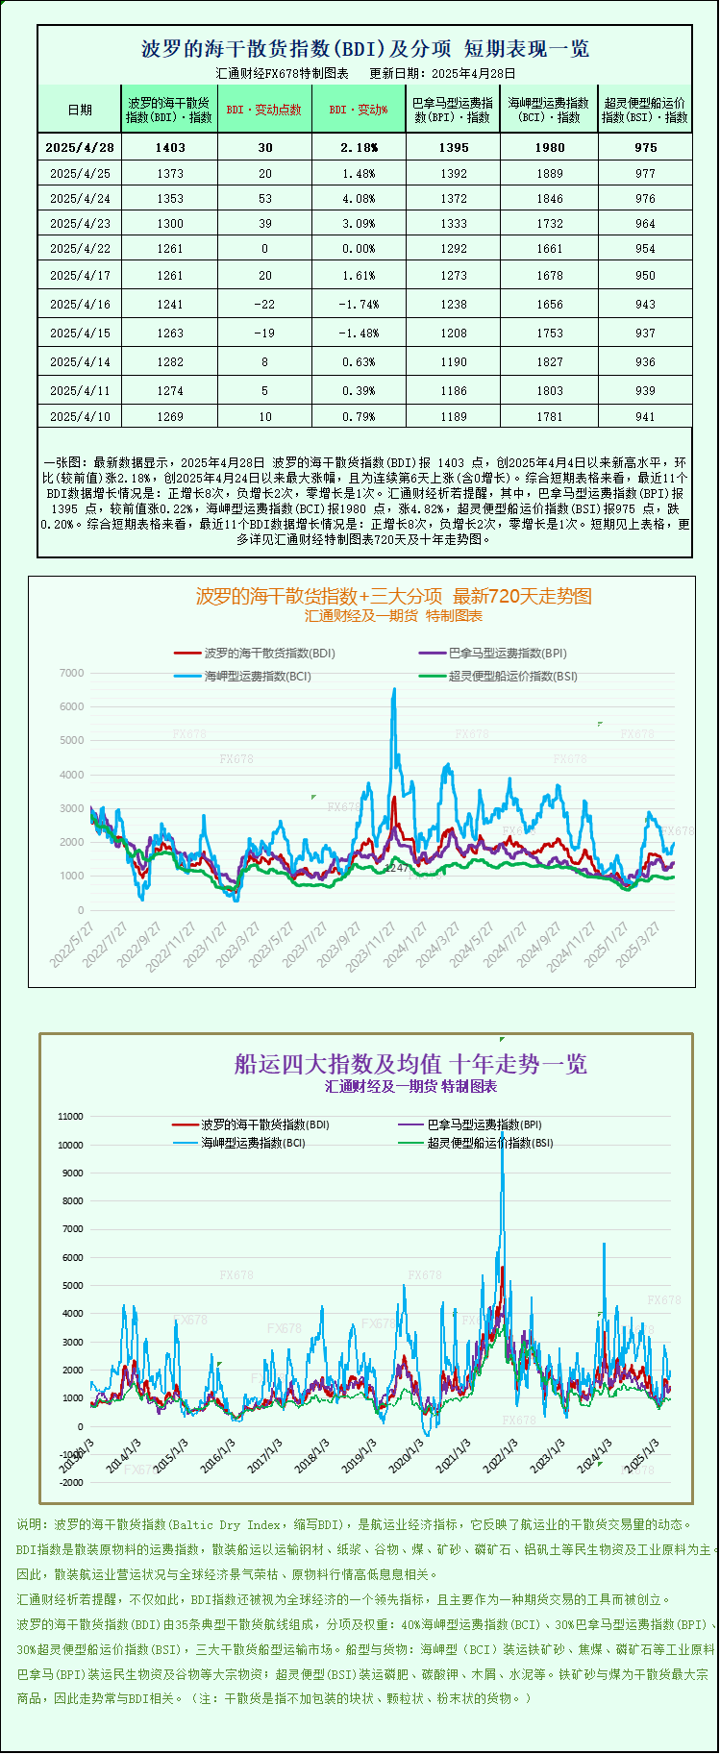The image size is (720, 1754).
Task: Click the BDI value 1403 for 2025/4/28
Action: tap(169, 147)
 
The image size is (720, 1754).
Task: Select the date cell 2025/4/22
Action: tap(80, 249)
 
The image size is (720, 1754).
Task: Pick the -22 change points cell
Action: tap(264, 305)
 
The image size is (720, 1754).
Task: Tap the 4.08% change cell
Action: tap(359, 199)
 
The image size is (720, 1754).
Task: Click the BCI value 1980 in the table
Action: tap(549, 147)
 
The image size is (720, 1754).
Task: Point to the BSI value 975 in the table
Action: tap(645, 147)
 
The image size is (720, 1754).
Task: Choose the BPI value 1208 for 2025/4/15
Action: tap(453, 334)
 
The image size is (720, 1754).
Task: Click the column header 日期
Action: tap(80, 110)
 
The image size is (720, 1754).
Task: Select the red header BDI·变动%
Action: tap(359, 110)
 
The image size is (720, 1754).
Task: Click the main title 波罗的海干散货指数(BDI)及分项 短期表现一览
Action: tap(365, 49)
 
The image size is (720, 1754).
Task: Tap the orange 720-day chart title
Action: tap(394, 597)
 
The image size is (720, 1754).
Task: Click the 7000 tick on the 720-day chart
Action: tap(72, 673)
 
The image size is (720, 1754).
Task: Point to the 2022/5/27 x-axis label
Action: tap(73, 944)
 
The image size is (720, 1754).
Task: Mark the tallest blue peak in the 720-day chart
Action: tap(393, 690)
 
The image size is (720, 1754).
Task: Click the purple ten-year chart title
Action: tap(410, 1064)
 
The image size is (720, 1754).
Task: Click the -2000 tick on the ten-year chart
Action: tap(71, 1483)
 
